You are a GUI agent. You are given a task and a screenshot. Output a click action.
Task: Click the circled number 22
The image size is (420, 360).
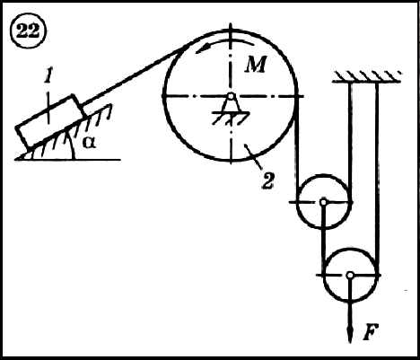pos(28,31)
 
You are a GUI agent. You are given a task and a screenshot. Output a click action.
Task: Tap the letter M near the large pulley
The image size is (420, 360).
pos(255,65)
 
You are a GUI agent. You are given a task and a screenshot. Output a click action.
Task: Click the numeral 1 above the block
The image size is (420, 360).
pos(47,77)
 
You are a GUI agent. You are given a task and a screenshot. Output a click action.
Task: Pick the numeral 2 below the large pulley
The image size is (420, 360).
pos(267,180)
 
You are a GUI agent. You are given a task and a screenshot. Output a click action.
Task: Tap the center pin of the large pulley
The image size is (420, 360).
pos(231,96)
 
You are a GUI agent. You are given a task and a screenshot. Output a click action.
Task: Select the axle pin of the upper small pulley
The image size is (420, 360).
pos(323,202)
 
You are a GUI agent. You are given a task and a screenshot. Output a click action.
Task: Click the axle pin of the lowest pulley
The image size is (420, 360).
pos(350,275)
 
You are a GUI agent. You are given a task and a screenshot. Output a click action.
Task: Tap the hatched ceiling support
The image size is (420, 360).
pos(366,76)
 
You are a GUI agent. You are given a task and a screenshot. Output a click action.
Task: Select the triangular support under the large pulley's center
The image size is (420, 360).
pos(231,106)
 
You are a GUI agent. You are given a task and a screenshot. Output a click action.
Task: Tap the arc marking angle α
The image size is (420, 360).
pos(71,145)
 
